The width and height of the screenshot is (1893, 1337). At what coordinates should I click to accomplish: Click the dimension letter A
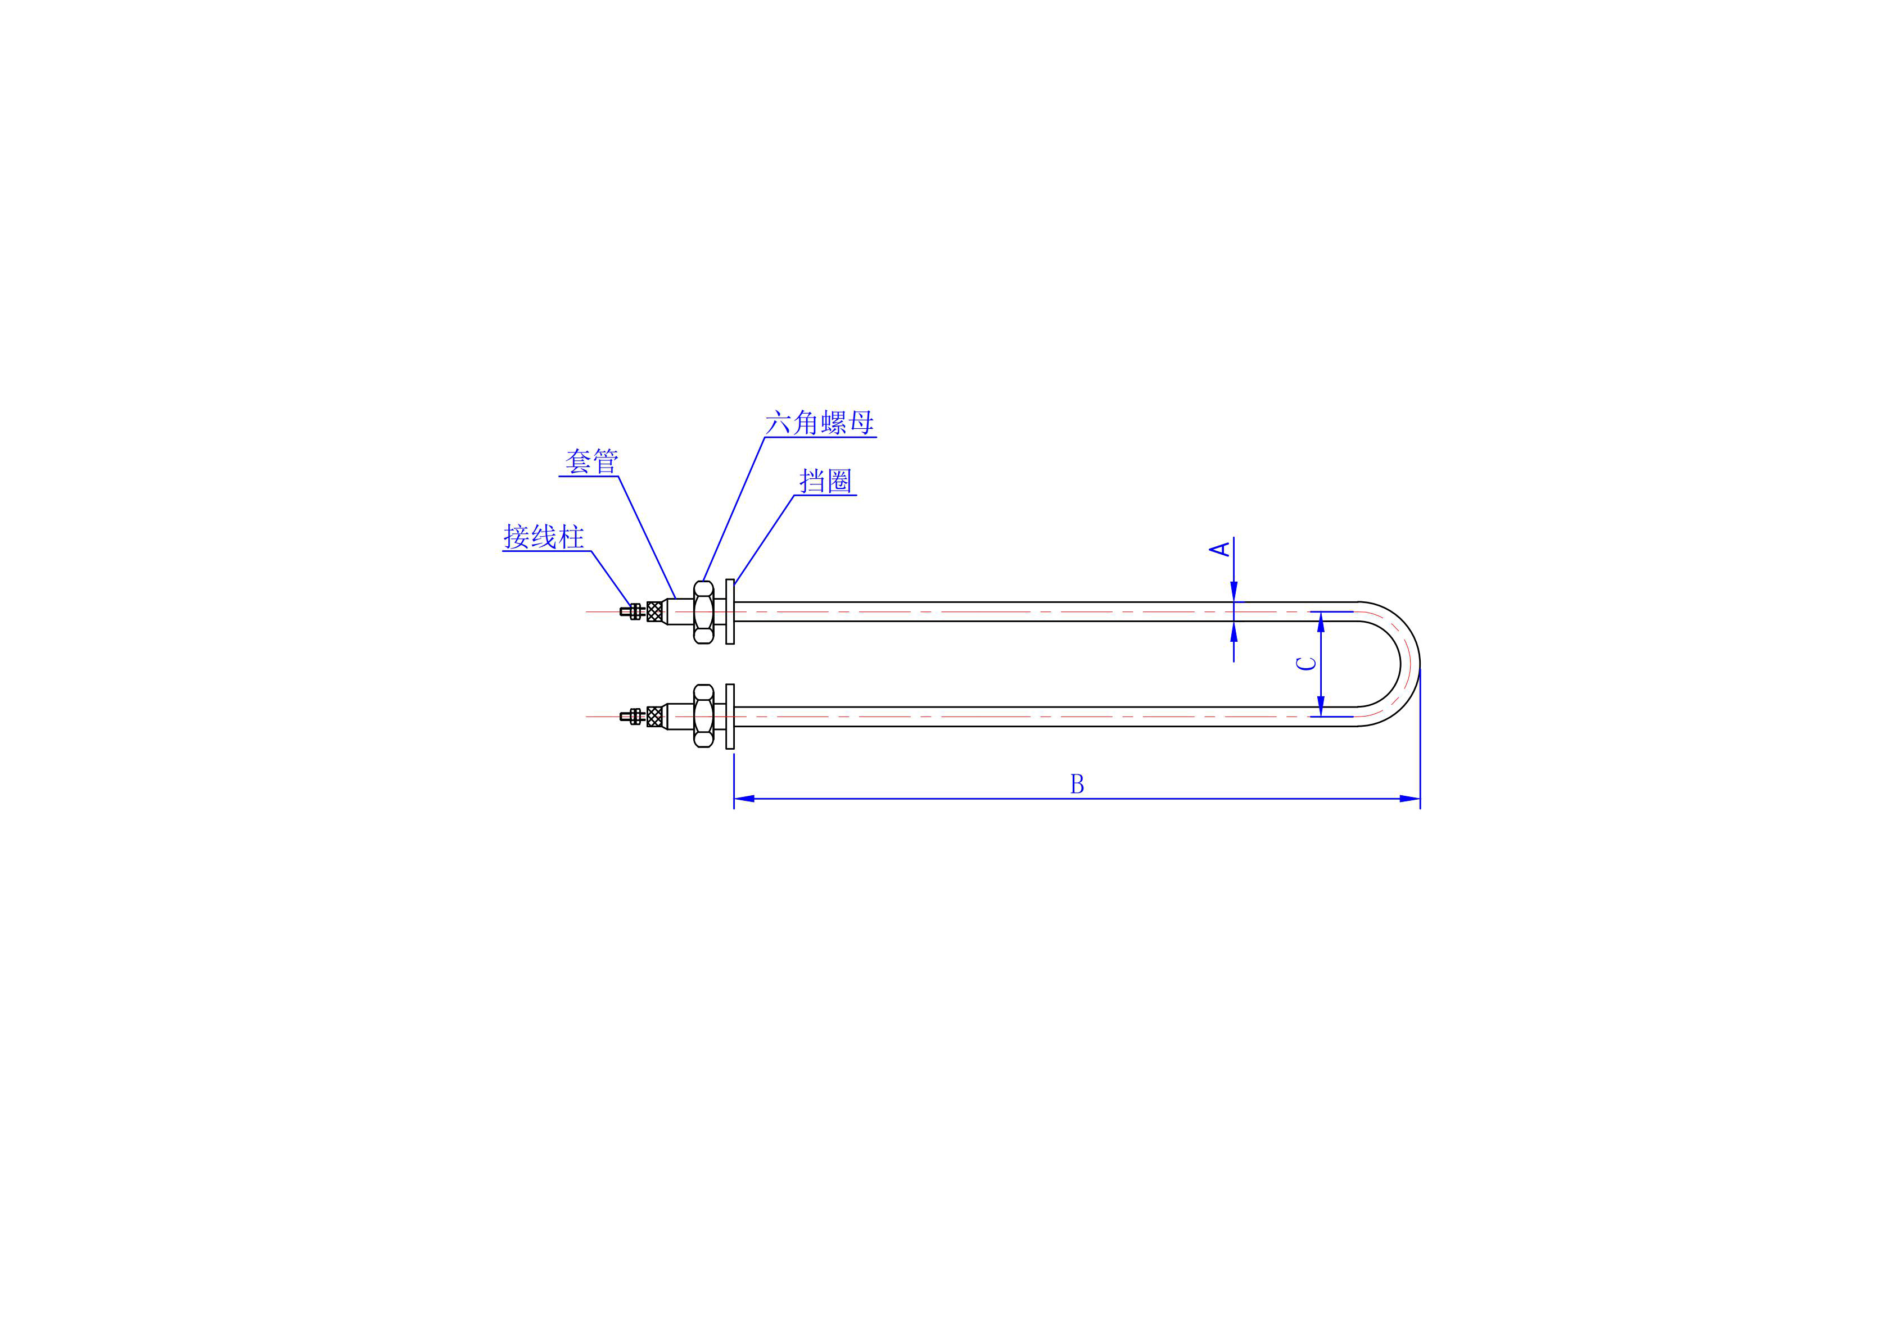(1220, 548)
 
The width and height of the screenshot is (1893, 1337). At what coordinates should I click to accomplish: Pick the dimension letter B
(1077, 784)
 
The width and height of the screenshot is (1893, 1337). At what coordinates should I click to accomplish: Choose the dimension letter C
(1307, 663)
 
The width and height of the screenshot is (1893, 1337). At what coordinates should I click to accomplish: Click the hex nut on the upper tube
(703, 611)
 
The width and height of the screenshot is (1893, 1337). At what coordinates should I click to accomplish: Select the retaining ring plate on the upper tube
(730, 611)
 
